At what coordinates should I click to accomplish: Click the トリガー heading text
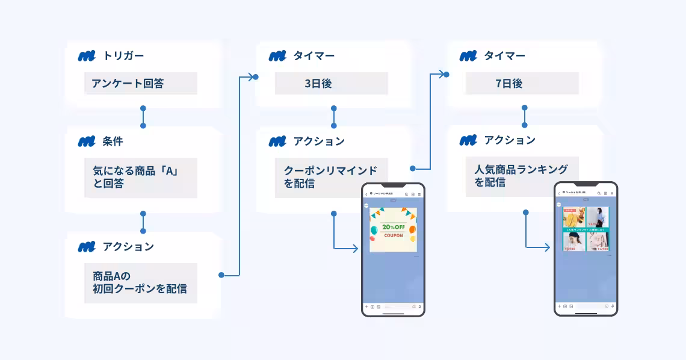point(123,56)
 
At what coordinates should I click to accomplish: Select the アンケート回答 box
point(141,84)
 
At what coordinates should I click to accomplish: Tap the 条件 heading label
point(112,141)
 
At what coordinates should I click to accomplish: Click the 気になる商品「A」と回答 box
point(141,178)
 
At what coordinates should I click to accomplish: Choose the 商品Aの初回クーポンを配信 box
point(141,282)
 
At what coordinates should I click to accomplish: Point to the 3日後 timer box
point(331,84)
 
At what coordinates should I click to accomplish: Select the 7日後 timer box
point(522,84)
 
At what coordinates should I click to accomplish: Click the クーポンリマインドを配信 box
point(331,178)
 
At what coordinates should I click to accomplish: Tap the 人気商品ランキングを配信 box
point(522,176)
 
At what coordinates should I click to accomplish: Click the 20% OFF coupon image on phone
point(393,230)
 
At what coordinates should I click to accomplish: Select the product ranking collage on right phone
point(586,229)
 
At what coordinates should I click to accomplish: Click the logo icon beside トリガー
point(87,56)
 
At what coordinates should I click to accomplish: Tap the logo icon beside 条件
point(87,141)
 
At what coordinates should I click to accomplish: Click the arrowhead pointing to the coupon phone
point(356,248)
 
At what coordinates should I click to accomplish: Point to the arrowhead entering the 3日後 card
point(253,76)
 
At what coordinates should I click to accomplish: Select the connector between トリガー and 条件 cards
point(143,117)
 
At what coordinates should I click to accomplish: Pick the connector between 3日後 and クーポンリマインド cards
point(334,117)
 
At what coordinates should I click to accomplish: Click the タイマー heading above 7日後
point(504,56)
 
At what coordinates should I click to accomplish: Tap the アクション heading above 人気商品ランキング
point(509,140)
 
